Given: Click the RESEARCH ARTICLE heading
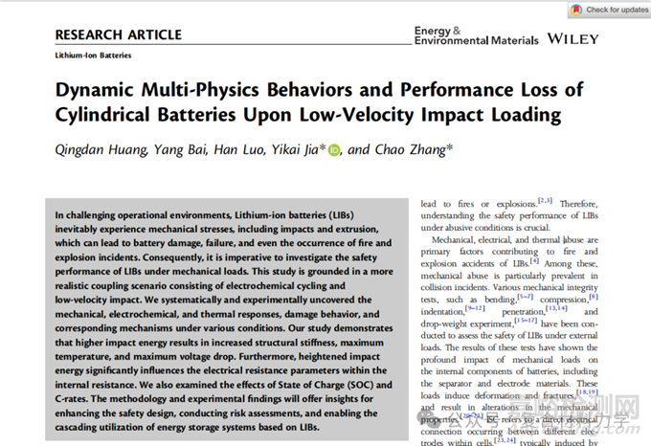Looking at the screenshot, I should coord(118,34).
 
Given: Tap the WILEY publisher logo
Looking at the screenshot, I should coord(572,39).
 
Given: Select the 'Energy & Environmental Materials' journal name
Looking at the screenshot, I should coord(475,35).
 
